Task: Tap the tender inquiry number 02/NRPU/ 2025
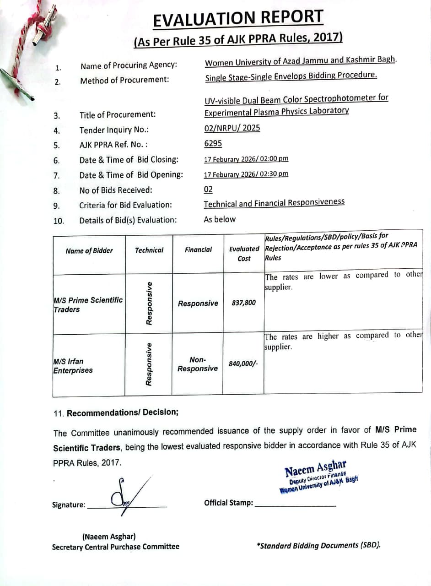coord(232,128)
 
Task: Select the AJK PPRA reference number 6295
coord(213,143)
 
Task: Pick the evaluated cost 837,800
coord(244,303)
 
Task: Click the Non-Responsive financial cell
coord(198,364)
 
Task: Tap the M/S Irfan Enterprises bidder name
coord(73,366)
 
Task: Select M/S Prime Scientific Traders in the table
coord(88,304)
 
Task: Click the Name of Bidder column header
coord(89,250)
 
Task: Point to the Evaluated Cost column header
coord(244,254)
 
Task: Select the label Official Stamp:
coord(228,503)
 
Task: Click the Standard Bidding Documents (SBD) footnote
coord(318,545)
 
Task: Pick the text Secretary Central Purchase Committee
coord(115,546)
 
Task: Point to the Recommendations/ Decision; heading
coord(122,412)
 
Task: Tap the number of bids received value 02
coord(208,190)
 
